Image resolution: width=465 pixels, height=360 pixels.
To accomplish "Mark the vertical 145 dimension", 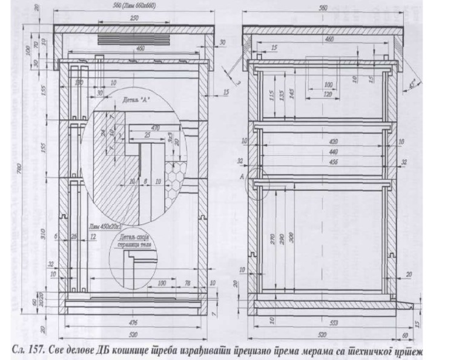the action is (x=292, y=95).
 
